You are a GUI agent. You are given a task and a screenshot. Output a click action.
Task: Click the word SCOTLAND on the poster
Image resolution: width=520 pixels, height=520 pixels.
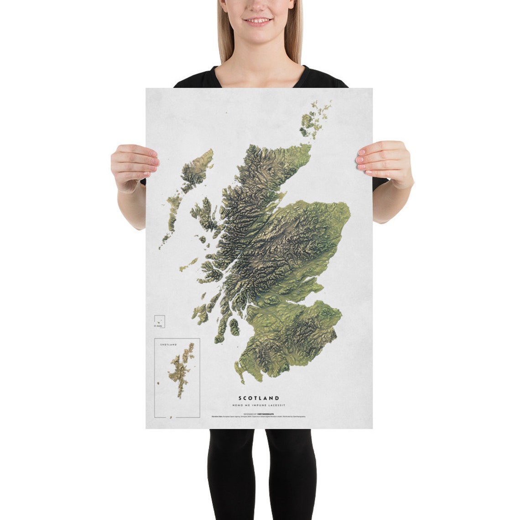(x=259, y=398)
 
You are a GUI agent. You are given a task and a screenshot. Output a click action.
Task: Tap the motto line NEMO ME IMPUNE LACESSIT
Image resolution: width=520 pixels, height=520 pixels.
(x=259, y=405)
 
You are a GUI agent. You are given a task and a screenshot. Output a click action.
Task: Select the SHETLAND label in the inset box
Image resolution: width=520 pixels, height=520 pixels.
(x=168, y=345)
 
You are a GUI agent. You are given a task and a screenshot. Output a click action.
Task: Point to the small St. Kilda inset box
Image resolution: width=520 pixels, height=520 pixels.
(x=160, y=321)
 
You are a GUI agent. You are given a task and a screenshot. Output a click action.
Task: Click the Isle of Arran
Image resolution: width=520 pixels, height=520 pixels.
(x=234, y=327)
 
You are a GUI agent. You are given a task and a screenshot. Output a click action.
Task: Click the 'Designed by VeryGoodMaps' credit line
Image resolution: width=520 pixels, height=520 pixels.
(x=259, y=414)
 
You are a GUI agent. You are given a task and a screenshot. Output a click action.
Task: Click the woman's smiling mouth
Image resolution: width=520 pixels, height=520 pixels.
(x=259, y=21)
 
